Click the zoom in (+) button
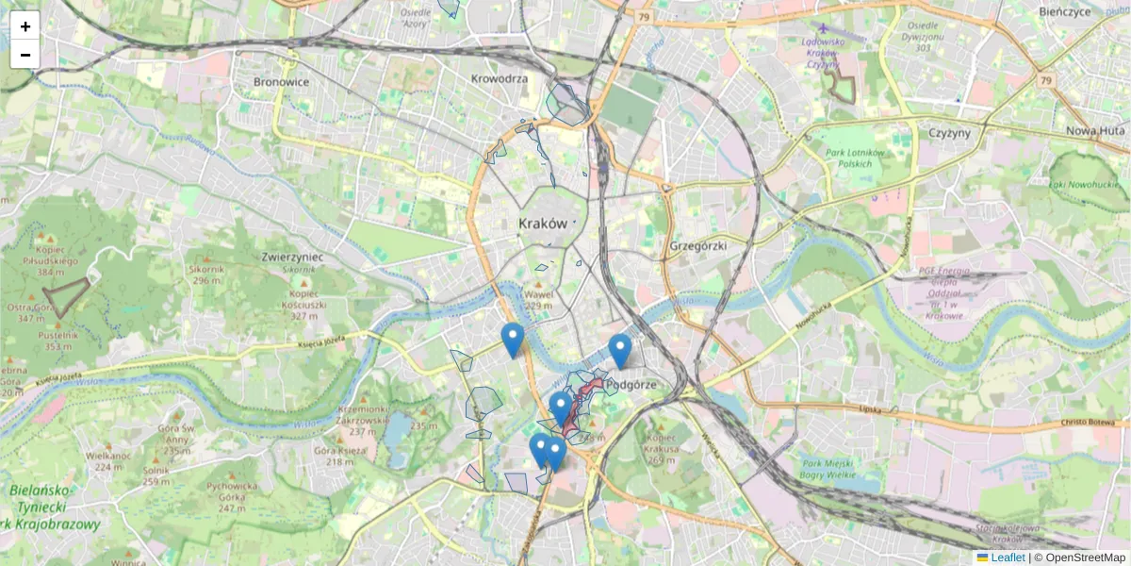(x=25, y=26)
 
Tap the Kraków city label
(x=543, y=225)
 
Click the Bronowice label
(x=281, y=82)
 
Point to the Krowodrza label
(x=500, y=79)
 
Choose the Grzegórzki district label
(x=698, y=246)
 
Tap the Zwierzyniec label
(x=292, y=257)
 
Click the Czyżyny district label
(x=949, y=133)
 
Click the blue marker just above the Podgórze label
(x=619, y=351)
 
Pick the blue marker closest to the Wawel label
(x=512, y=340)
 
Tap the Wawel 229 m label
(x=538, y=300)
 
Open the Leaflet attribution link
(x=1008, y=558)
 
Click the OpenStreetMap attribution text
(x=1085, y=558)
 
